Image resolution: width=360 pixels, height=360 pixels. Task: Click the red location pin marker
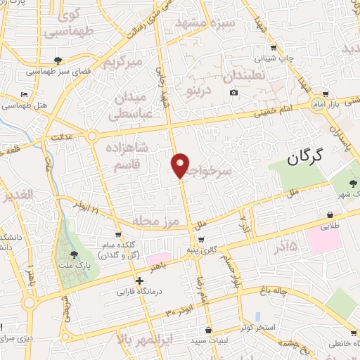(x=181, y=165)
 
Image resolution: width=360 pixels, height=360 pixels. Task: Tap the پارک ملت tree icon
(x=75, y=255)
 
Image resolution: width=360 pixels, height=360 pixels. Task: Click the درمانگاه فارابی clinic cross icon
(x=139, y=281)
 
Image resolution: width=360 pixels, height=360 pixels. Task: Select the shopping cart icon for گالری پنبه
(x=202, y=240)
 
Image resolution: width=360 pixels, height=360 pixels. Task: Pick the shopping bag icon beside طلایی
(x=330, y=214)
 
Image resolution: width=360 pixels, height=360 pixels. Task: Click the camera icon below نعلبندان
(x=233, y=93)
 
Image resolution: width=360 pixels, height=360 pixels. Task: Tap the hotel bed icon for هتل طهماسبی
(x=25, y=94)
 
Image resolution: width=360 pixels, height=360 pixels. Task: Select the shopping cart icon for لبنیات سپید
(x=208, y=329)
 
